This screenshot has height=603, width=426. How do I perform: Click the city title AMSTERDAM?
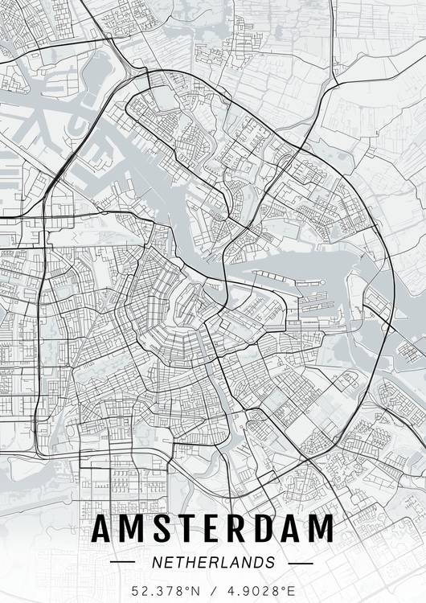[x=213, y=529]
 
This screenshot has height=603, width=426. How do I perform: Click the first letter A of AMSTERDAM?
[x=104, y=529]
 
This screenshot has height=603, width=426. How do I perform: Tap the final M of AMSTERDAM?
[x=320, y=529]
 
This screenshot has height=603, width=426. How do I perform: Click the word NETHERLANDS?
[x=213, y=562]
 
